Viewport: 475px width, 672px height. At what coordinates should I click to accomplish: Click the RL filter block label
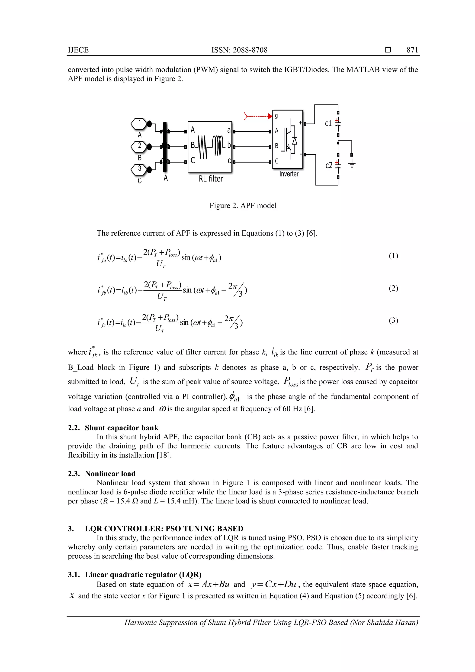211,179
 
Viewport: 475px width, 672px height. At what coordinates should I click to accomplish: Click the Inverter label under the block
289,174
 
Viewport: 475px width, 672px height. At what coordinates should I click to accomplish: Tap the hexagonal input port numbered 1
140,123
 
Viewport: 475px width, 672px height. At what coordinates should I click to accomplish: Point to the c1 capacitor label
328,123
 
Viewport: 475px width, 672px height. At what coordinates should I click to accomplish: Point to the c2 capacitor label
329,166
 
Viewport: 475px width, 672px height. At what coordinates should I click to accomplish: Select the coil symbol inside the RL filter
218,146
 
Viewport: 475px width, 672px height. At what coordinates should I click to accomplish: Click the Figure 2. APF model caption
243,206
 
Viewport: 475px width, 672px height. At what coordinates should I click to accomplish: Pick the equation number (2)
393,288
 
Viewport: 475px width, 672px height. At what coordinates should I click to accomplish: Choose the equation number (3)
393,321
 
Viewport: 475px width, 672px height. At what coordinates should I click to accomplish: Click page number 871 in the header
412,50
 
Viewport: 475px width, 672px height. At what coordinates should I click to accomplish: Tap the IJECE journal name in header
78,50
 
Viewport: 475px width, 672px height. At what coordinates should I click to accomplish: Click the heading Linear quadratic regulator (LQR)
143,575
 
